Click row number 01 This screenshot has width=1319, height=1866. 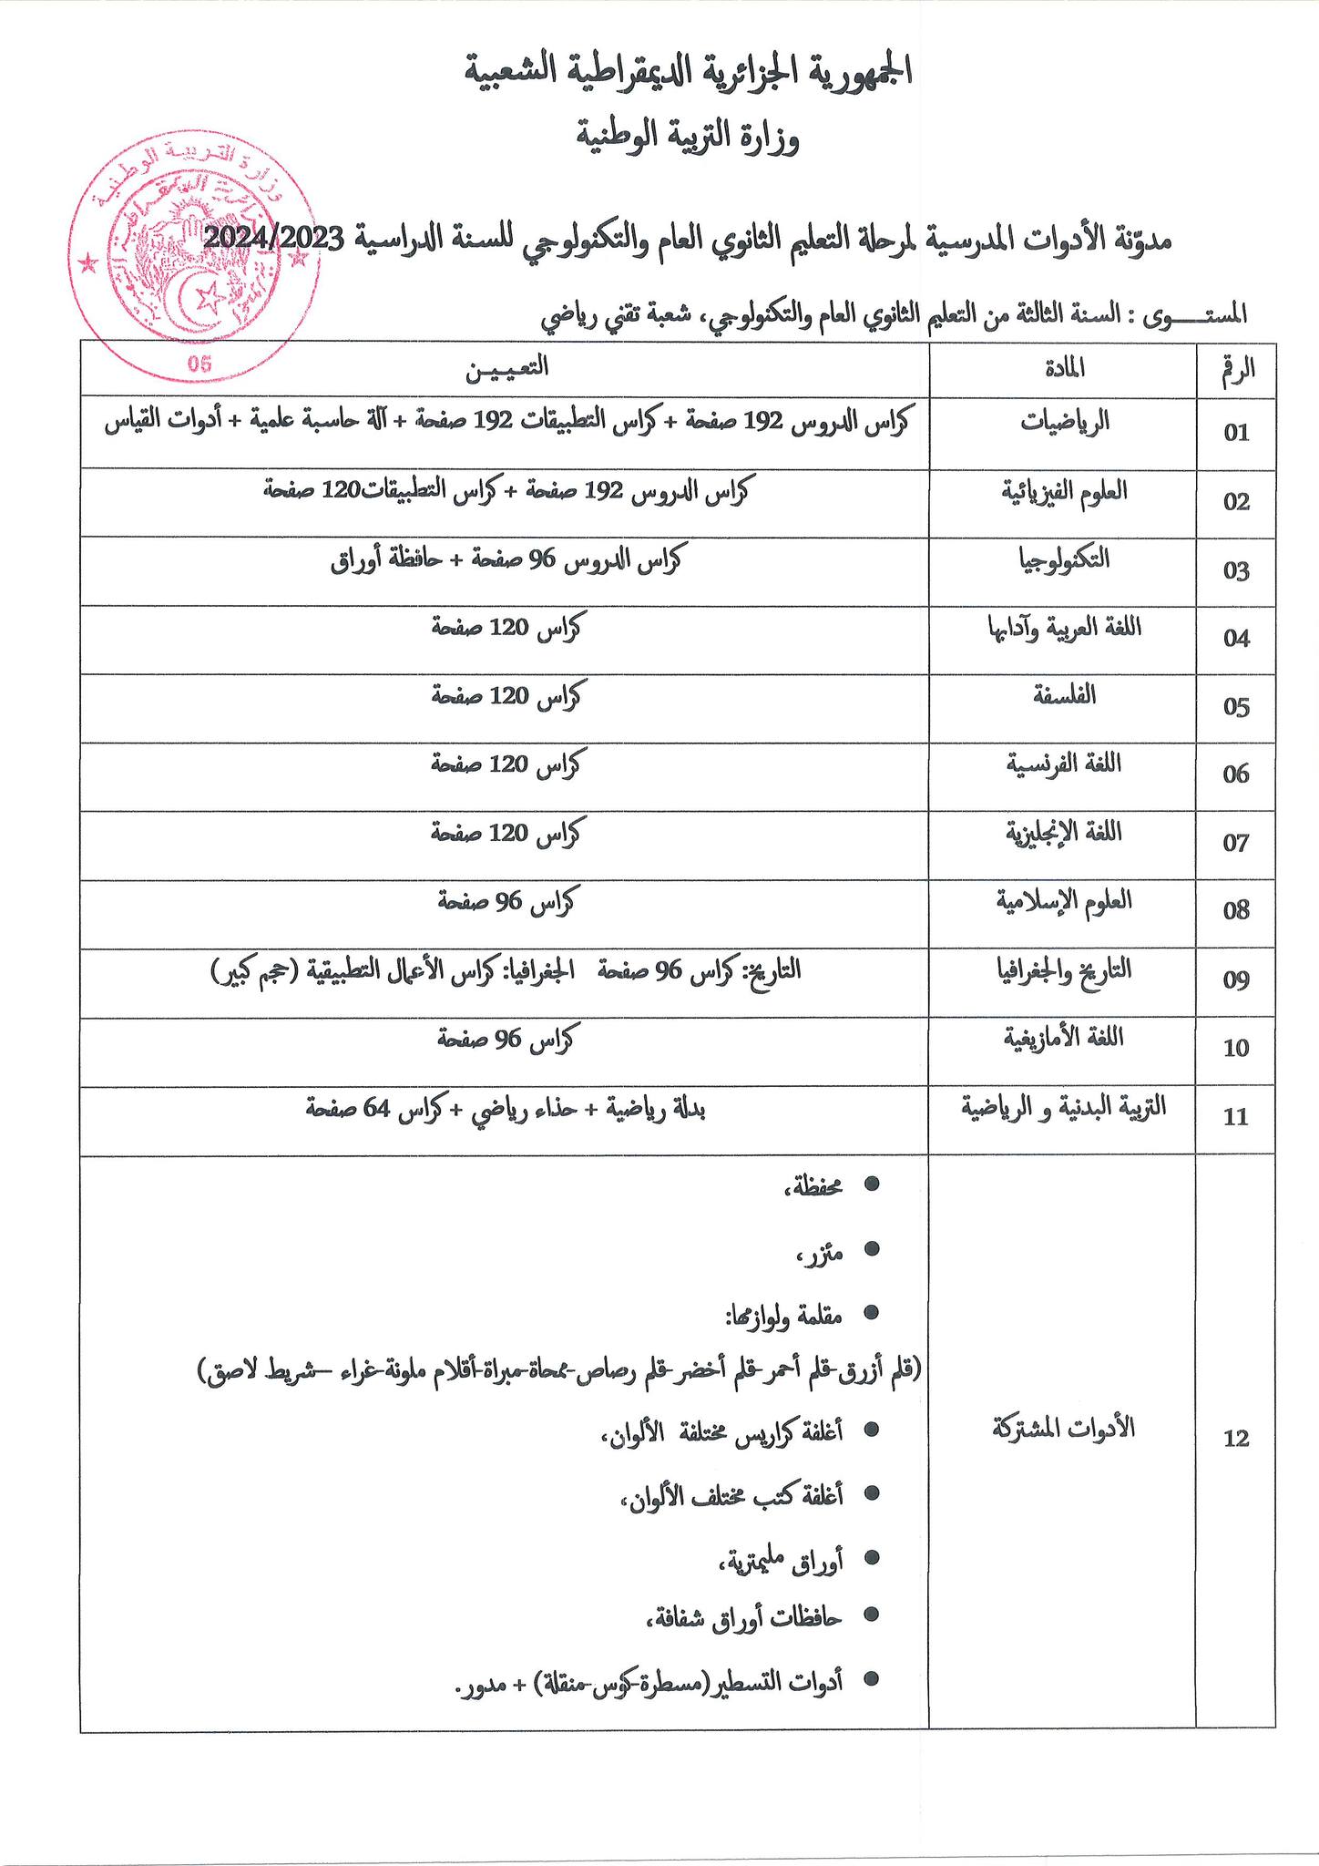coord(1236,433)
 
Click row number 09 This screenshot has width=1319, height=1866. coord(1236,981)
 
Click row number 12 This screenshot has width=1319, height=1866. coord(1236,1439)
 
